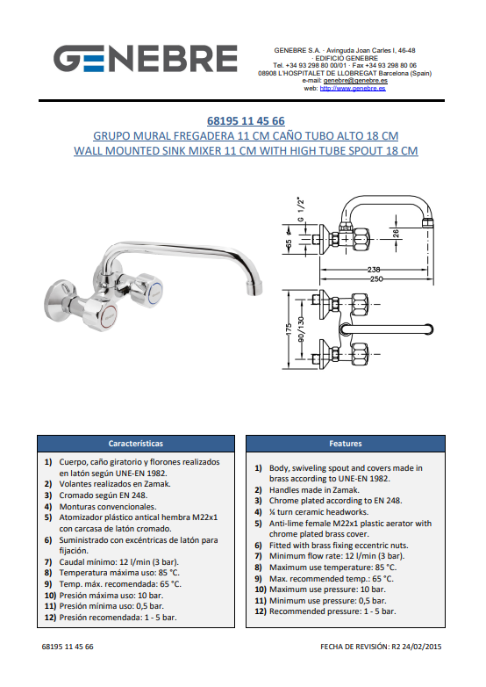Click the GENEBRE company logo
click(146, 59)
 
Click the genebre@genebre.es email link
click(355, 81)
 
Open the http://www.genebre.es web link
click(353, 88)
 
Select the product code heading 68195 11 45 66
click(246, 121)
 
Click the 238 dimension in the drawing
click(374, 270)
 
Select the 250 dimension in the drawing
click(376, 278)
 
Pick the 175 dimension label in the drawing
click(289, 329)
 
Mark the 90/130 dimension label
click(301, 329)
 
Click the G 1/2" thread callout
click(301, 209)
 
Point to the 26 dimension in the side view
click(396, 234)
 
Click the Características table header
click(136, 444)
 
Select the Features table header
click(346, 444)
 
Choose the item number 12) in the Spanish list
click(50, 618)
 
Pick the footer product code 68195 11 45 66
click(68, 647)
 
